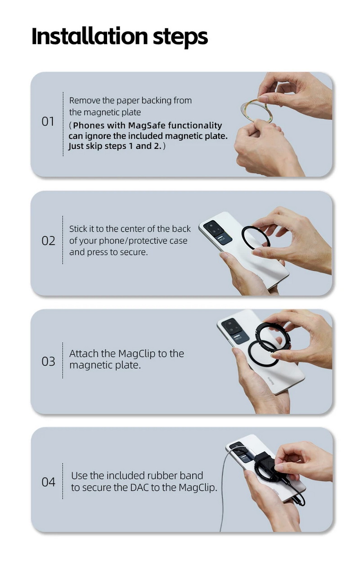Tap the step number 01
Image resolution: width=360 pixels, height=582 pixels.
tap(48, 121)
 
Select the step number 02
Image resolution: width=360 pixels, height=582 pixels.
tap(48, 241)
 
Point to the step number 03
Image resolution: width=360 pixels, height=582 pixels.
tap(48, 361)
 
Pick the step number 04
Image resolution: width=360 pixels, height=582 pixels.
tap(48, 482)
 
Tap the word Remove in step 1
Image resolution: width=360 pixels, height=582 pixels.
tap(83, 100)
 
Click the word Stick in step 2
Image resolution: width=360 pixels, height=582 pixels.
tap(78, 229)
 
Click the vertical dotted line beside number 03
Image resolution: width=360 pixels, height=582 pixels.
tap(63, 361)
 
